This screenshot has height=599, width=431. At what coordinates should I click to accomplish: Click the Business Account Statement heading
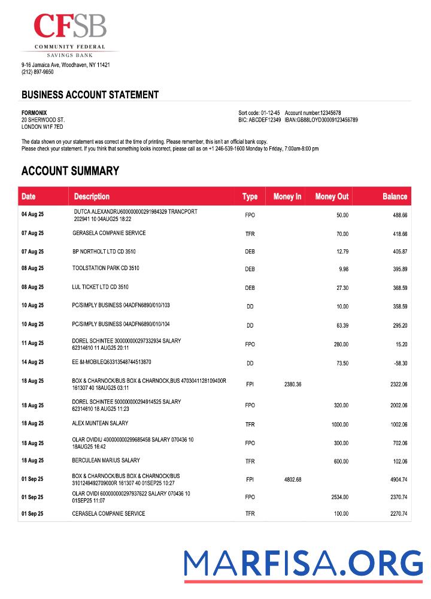pos(90,95)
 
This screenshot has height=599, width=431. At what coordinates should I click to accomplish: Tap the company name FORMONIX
pos(34,113)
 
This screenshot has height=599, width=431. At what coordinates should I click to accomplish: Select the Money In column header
pos(287,196)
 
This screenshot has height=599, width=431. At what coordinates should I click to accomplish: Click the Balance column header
pos(394,196)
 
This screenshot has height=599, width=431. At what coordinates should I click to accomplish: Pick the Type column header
pos(250,196)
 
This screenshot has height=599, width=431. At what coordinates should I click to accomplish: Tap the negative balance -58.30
pos(399,363)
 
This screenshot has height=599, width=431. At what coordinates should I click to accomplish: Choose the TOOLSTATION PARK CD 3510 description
pos(106,268)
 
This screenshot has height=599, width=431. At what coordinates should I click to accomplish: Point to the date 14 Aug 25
pos(32,362)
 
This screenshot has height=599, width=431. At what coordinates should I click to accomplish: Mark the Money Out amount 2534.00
pos(339,497)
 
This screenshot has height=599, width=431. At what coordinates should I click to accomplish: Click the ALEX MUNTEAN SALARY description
pos(100,423)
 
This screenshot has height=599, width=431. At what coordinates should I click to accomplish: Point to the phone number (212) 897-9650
pos(38,72)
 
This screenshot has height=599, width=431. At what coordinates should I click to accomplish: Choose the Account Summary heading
pos(70,171)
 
